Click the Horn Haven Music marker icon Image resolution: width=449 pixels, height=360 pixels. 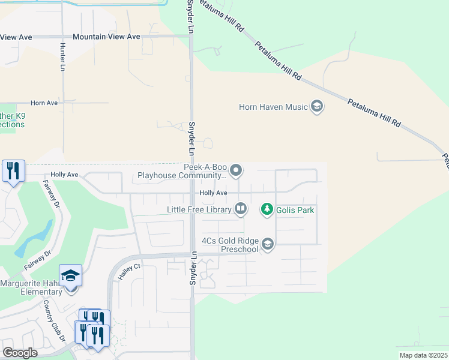[317, 107]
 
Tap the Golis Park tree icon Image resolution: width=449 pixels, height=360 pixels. [267, 209]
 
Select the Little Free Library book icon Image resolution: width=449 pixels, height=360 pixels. [241, 209]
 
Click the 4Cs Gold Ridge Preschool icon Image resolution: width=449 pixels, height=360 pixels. [268, 244]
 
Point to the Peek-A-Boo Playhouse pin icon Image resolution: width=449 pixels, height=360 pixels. [237, 171]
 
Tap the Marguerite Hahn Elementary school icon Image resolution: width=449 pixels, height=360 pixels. [71, 276]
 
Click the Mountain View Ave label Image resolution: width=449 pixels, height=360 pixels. [106, 37]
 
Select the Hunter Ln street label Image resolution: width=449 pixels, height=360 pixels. [62, 56]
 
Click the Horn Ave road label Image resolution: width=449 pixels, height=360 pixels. [44, 103]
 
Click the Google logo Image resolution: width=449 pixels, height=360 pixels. [20, 353]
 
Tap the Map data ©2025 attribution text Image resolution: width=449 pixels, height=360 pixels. [424, 355]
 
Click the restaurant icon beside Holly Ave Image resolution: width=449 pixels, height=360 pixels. [13, 171]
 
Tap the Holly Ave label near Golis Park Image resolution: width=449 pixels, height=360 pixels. [213, 193]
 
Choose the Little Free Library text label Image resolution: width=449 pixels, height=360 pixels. [199, 210]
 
